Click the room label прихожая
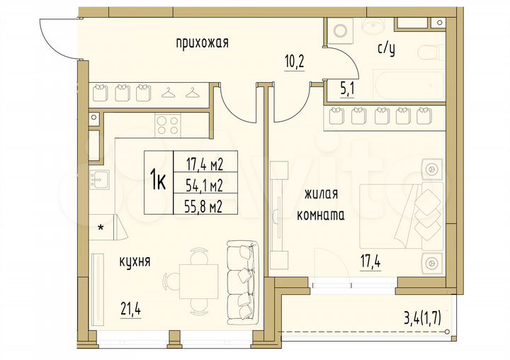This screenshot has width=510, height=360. pyautogui.click(x=202, y=43)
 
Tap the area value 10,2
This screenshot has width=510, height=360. pyautogui.click(x=294, y=61)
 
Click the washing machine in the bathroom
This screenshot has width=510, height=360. pyautogui.click(x=339, y=30)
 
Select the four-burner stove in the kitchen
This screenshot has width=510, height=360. pyautogui.click(x=167, y=125)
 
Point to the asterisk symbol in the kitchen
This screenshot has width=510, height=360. pyautogui.click(x=101, y=228)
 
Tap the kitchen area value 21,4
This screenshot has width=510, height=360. pyautogui.click(x=130, y=309)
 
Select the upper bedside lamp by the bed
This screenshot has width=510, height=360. pyautogui.click(x=431, y=170)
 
